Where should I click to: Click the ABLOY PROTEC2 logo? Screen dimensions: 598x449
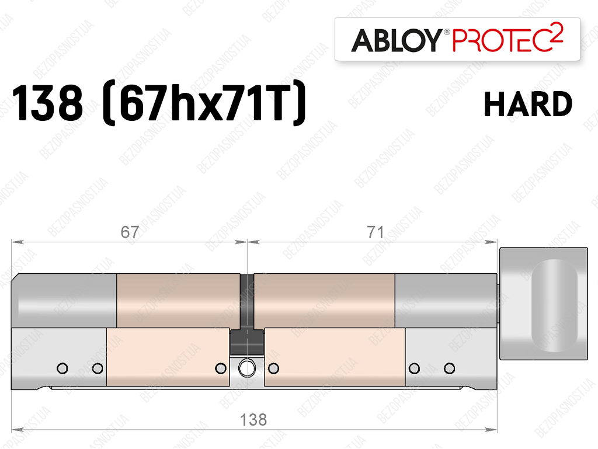457,39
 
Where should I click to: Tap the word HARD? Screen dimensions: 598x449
528,104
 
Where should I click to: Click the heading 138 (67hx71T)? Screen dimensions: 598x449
159,103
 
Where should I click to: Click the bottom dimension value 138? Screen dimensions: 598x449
253,420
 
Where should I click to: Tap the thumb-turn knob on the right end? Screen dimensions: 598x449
544,304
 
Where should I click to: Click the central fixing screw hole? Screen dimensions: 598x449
247,368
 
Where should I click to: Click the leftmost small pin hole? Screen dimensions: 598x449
62,368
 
